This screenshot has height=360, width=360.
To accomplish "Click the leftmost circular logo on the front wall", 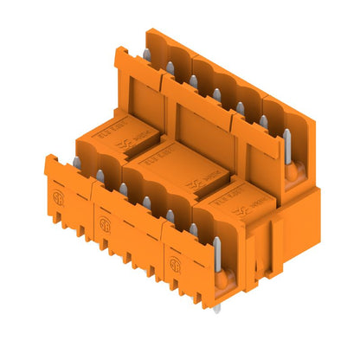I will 61,193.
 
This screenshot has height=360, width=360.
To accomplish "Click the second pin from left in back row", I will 171,72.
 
